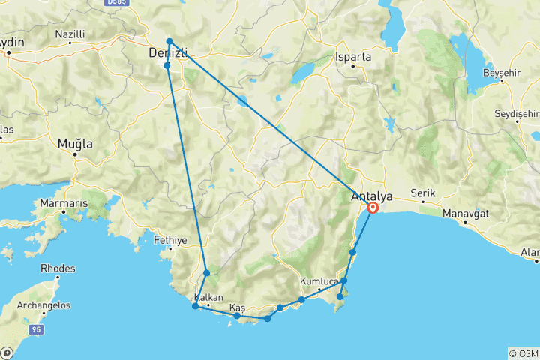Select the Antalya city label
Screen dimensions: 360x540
click(x=371, y=196)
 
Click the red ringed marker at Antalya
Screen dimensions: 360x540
click(x=373, y=208)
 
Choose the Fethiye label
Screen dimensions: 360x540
click(x=169, y=241)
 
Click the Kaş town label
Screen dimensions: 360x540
click(x=238, y=308)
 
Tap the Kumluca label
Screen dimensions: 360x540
click(x=318, y=281)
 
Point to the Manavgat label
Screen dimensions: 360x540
click(x=466, y=213)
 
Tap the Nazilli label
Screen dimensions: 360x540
click(x=70, y=34)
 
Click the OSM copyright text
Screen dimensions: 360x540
click(x=523, y=352)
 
